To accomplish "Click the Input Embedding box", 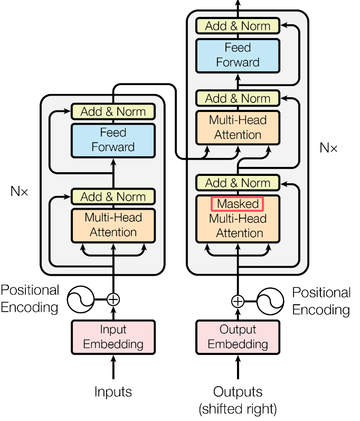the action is pyautogui.click(x=113, y=337).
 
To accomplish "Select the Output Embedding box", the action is pyautogui.click(x=238, y=337).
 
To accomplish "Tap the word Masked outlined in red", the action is pyautogui.click(x=238, y=204).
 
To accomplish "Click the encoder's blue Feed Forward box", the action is pyautogui.click(x=113, y=141).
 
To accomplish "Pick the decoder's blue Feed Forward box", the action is pyautogui.click(x=238, y=55).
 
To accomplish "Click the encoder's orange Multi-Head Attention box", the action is pyautogui.click(x=113, y=226).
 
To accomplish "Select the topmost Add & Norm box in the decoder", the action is pyautogui.click(x=238, y=26).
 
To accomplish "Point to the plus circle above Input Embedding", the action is pyautogui.click(x=113, y=300).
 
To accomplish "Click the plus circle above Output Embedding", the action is pyautogui.click(x=238, y=301).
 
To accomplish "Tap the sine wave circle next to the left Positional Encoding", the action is pyautogui.click(x=80, y=300).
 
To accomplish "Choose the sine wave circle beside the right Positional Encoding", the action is pyautogui.click(x=270, y=301).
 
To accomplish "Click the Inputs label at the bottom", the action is pyautogui.click(x=113, y=392).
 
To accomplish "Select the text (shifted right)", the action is pyautogui.click(x=238, y=409).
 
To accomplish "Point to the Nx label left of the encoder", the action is pyautogui.click(x=20, y=191).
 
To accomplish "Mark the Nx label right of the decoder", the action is pyautogui.click(x=329, y=148).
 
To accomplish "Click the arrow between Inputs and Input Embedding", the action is pyautogui.click(x=113, y=367).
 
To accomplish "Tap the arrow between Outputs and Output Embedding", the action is pyautogui.click(x=238, y=367).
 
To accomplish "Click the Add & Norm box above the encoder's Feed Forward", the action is pyautogui.click(x=113, y=111).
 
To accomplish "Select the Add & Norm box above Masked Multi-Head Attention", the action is pyautogui.click(x=238, y=183).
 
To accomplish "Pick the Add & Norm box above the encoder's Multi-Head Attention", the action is pyautogui.click(x=113, y=197).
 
